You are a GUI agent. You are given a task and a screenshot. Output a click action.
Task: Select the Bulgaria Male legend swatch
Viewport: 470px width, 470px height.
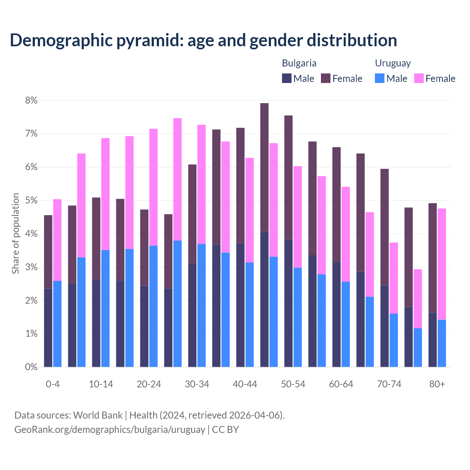(286, 78)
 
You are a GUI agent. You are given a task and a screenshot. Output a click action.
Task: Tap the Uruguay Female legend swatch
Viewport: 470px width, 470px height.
(419, 78)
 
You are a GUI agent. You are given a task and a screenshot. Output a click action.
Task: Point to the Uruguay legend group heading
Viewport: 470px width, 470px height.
(393, 63)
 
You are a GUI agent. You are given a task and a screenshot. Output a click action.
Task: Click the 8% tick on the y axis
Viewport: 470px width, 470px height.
(31, 101)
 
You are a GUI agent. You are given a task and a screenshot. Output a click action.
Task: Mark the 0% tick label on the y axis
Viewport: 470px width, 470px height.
(31, 367)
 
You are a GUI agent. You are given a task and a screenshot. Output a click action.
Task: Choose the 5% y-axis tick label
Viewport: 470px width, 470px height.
(31, 200)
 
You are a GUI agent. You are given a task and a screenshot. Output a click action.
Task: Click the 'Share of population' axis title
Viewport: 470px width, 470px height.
(15, 234)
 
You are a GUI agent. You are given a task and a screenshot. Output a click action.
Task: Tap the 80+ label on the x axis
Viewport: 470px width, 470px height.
(437, 384)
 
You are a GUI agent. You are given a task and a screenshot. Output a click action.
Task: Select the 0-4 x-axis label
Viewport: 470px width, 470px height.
(53, 384)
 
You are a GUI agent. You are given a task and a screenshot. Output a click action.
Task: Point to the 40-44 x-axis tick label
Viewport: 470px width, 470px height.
(245, 384)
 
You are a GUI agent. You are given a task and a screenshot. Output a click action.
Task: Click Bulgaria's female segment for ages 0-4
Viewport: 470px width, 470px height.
(48, 252)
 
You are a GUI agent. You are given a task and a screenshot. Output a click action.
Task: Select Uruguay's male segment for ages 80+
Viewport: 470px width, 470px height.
(442, 343)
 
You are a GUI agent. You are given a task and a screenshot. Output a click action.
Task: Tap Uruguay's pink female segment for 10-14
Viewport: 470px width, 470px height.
(105, 194)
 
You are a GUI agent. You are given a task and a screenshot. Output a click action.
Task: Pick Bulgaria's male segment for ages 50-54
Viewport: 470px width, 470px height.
(288, 303)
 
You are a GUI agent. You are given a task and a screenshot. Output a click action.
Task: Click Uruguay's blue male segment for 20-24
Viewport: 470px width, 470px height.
(153, 306)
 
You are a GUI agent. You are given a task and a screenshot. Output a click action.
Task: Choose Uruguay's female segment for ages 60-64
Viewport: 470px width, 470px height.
(346, 234)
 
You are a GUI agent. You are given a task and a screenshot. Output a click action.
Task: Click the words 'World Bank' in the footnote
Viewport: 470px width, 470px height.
(98, 415)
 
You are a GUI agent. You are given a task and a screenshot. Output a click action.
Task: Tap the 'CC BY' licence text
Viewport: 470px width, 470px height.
(225, 430)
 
